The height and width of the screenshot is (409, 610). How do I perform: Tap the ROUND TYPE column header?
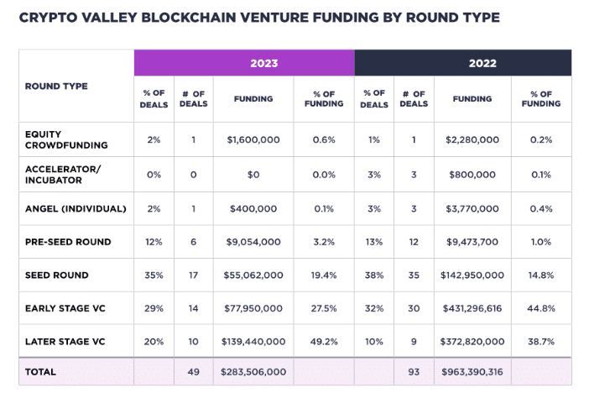(x=56, y=87)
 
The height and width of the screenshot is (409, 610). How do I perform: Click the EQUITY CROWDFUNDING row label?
(x=55, y=139)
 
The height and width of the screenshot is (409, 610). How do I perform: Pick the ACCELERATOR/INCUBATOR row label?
(x=62, y=174)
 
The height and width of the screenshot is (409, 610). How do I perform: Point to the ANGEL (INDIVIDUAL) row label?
(x=76, y=208)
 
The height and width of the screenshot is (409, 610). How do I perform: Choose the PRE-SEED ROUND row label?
(x=68, y=242)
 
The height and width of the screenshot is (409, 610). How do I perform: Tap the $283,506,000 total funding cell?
(x=253, y=372)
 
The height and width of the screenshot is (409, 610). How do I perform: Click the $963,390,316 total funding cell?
(x=472, y=372)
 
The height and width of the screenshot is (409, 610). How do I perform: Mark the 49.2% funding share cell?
(x=324, y=342)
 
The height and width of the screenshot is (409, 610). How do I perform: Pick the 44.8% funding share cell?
(x=541, y=308)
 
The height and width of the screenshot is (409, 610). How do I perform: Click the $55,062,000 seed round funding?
(x=253, y=275)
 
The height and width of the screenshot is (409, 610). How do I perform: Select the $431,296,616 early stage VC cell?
(x=472, y=308)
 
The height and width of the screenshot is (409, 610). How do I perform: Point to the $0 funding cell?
(x=253, y=174)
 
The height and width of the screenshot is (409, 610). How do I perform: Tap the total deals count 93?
(x=414, y=372)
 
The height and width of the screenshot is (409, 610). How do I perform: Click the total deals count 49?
(x=193, y=372)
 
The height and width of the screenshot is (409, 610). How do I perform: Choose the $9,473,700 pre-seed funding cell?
(x=472, y=242)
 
